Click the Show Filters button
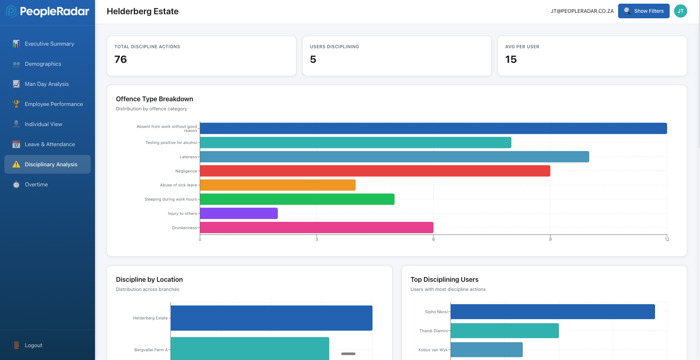(643, 11)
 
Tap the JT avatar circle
(680, 11)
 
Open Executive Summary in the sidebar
(49, 44)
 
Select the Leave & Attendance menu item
(50, 144)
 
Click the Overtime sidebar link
(36, 185)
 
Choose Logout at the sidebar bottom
(33, 345)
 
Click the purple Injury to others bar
(239, 213)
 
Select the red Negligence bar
(375, 171)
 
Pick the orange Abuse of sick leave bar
(278, 185)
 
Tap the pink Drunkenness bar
(317, 228)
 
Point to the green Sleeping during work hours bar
(297, 199)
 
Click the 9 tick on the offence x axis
(550, 239)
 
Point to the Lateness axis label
(188, 157)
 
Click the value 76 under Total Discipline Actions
(121, 59)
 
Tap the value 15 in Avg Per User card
(511, 59)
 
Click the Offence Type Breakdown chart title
(154, 99)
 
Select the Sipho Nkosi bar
(552, 312)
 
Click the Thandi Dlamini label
(433, 331)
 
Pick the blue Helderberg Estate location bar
(271, 318)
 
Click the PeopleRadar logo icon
(11, 11)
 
